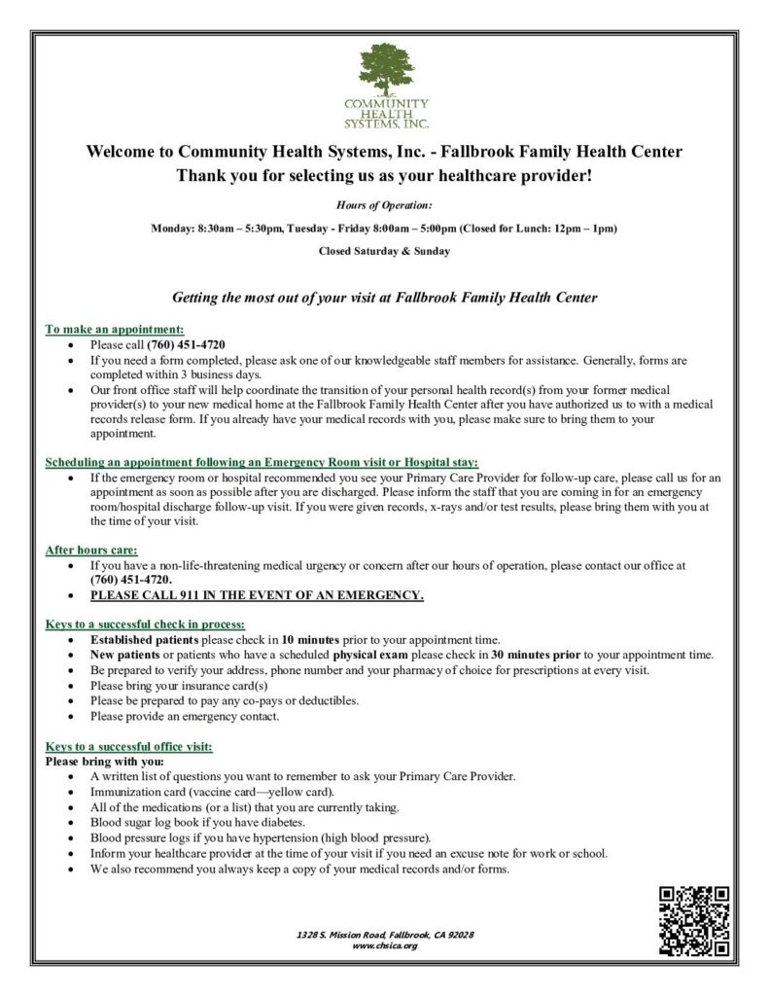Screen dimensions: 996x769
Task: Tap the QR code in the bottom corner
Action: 694,920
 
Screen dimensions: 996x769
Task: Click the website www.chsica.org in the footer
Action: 384,944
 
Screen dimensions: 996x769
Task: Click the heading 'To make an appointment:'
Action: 115,330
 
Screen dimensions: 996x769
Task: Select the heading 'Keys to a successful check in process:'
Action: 145,623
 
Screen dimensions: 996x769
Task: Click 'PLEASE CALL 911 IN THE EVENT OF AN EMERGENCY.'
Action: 257,595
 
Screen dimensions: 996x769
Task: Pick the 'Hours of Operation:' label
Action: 384,205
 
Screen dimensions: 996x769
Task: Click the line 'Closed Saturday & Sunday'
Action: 384,250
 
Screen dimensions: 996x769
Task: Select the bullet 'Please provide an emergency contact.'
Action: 185,717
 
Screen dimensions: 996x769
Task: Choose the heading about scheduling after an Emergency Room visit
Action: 262,462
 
